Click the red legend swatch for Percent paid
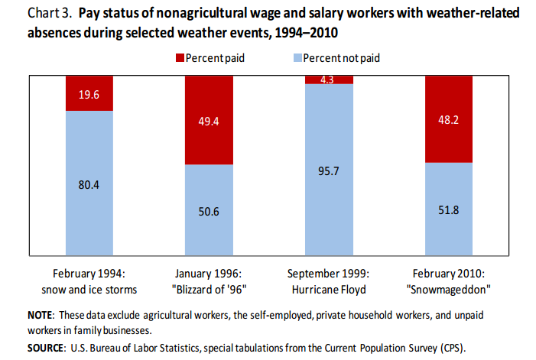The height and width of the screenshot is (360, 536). tap(181, 58)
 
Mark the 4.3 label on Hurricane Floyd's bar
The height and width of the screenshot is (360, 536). tap(329, 79)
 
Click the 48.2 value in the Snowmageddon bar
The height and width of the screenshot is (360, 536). tap(448, 119)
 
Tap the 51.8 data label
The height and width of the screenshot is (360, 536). tap(448, 209)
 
